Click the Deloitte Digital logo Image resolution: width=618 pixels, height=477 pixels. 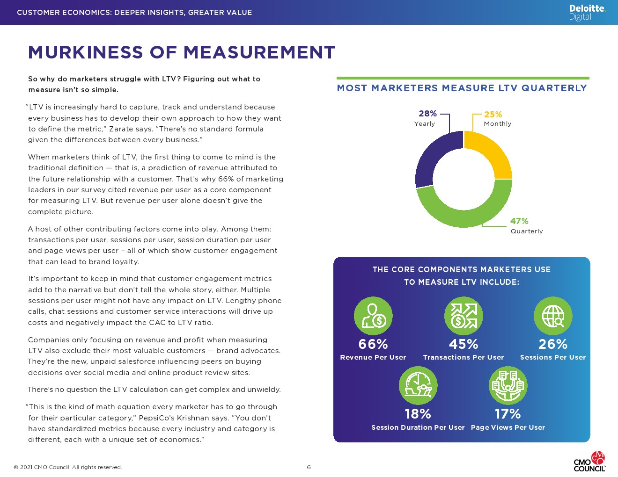point(587,13)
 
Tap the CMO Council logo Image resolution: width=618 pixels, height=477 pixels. point(590,462)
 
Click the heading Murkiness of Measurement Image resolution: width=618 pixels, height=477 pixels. point(182,52)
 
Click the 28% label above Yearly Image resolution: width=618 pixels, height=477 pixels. point(427,114)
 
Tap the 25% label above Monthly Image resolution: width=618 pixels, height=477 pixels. point(493,115)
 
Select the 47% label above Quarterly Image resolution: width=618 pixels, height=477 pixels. point(519,221)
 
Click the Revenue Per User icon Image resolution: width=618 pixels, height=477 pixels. point(373,316)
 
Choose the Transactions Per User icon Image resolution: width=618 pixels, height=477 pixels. point(463,316)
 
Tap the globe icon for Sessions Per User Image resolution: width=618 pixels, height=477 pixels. point(553,316)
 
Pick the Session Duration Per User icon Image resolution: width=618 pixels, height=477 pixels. point(418,386)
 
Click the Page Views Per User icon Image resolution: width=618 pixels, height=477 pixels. point(508,386)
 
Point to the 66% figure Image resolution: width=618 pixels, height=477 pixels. point(373,344)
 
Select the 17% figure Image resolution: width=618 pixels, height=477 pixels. point(508,414)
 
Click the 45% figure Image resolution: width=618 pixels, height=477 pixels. point(463,344)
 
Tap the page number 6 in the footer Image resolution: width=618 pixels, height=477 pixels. point(309,467)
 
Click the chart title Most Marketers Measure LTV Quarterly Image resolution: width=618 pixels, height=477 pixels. point(462,88)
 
